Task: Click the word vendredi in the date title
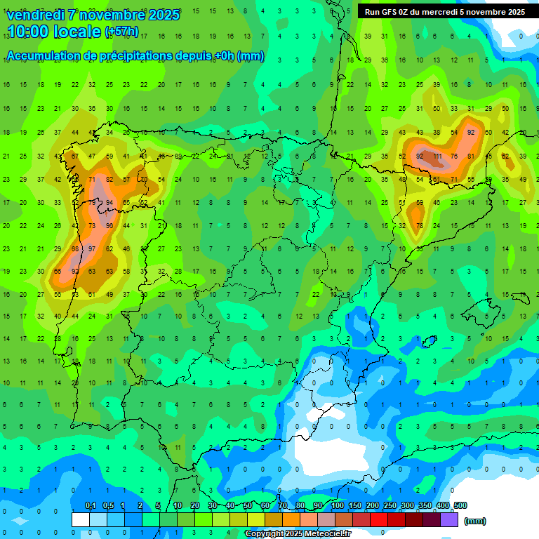pyautogui.click(x=35, y=14)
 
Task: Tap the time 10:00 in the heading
pyautogui.click(x=31, y=32)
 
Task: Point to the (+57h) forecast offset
pyautogui.click(x=121, y=32)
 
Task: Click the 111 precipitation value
pyautogui.click(x=437, y=156)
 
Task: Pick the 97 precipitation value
pyautogui.click(x=92, y=249)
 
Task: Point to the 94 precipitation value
pyautogui.click(x=109, y=203)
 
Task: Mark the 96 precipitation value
pyautogui.click(x=109, y=226)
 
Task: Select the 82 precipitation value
pyautogui.click(x=109, y=180)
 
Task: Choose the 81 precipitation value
pyautogui.click(x=470, y=156)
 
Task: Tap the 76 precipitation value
pyautogui.click(x=453, y=156)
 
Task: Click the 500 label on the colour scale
pyautogui.click(x=460, y=505)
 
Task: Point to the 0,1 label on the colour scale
pyautogui.click(x=90, y=505)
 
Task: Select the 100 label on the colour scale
pyautogui.click(x=338, y=505)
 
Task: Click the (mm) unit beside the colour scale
pyautogui.click(x=475, y=521)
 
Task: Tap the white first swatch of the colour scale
pyautogui.click(x=80, y=519)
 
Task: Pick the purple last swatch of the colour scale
pyautogui.click(x=449, y=519)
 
